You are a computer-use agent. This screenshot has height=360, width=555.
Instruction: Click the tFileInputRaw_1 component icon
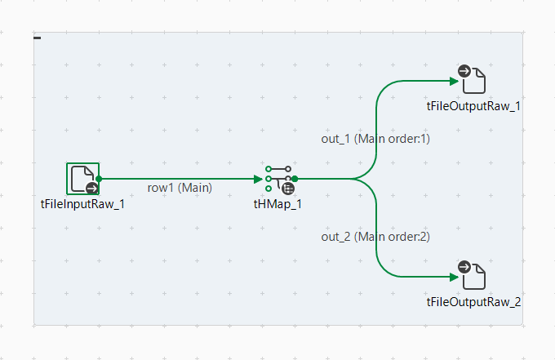82,177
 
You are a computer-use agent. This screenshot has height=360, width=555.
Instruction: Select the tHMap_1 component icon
278,178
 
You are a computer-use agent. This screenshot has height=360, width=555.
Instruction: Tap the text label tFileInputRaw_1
82,203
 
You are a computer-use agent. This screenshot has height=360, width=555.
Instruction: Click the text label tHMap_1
277,203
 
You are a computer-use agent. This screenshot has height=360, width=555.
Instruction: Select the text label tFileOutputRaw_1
473,106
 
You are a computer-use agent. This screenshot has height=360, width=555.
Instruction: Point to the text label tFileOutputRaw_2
473,302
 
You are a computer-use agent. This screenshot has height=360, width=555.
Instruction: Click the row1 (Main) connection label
180,188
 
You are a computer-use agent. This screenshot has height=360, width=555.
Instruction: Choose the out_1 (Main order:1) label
375,139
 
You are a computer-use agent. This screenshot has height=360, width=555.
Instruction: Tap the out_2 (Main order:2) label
375,237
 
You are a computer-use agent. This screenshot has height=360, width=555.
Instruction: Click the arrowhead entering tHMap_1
259,178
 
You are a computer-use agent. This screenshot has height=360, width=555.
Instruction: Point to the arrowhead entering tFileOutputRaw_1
454,81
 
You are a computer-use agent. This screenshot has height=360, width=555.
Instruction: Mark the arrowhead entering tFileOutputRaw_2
454,276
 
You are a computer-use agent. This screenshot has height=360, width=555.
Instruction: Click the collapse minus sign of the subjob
38,38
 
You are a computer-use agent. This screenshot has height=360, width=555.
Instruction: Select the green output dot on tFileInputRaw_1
99,178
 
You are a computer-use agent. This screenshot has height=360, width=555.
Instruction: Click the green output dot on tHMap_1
295,178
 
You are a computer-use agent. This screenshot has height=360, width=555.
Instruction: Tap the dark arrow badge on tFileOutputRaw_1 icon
464,72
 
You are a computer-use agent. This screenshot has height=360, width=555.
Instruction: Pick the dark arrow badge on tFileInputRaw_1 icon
91,187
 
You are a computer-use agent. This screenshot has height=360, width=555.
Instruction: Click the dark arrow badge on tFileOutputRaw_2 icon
464,267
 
